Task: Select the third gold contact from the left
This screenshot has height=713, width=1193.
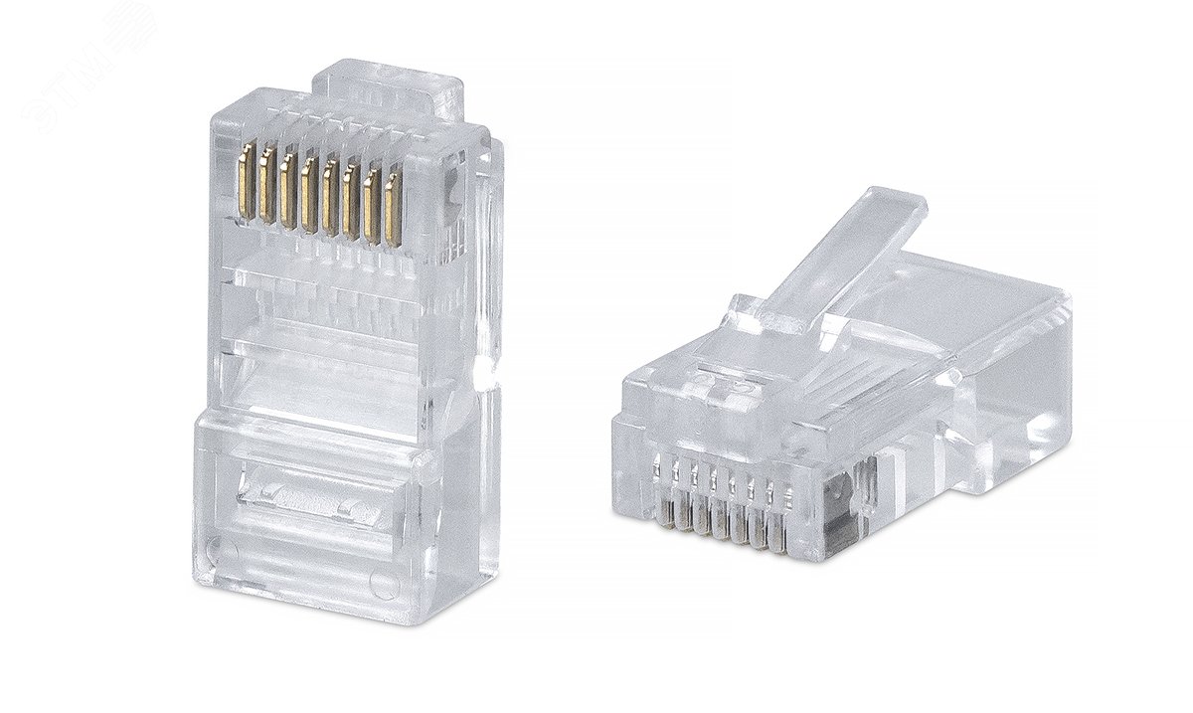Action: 286,188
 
